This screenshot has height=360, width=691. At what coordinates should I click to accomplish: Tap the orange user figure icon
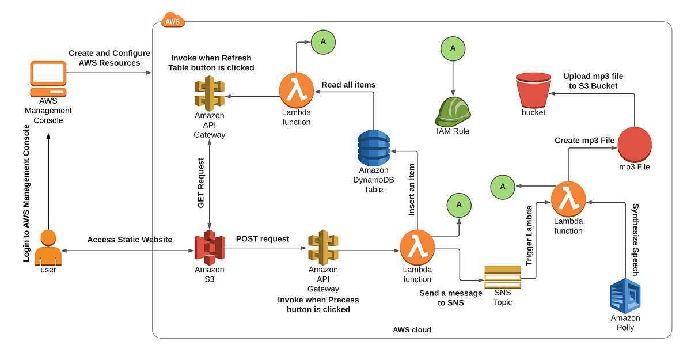(x=48, y=247)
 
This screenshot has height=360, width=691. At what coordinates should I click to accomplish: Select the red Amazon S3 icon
(x=209, y=247)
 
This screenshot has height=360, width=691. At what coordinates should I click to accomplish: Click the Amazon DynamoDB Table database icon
(x=373, y=147)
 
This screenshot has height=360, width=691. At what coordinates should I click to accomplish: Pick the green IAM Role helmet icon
(x=453, y=111)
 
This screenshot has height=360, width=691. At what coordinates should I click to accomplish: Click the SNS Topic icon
(x=502, y=277)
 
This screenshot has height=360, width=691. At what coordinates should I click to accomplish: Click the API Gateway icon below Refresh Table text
(x=209, y=94)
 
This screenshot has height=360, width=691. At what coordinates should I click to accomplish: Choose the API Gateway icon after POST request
(x=322, y=248)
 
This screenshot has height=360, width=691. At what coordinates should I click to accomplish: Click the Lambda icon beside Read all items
(x=297, y=90)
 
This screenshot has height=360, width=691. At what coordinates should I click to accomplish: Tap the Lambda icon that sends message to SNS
(x=417, y=246)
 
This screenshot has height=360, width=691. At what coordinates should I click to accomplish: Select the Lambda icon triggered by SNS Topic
(x=568, y=199)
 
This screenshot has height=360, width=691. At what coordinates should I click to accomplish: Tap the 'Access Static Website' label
(x=130, y=240)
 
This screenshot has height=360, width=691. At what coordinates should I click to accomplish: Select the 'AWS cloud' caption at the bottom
(x=412, y=330)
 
